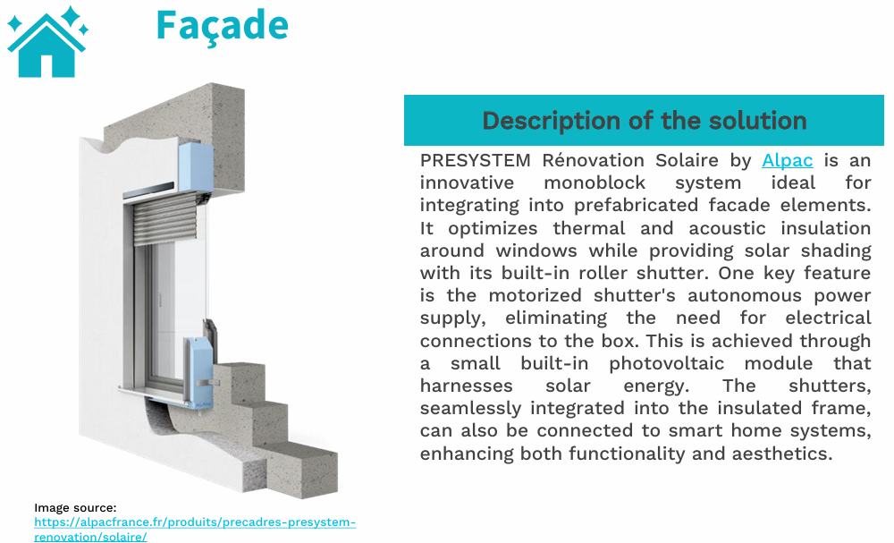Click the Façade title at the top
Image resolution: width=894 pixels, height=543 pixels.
click(222, 25)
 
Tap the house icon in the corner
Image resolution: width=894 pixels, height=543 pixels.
click(46, 50)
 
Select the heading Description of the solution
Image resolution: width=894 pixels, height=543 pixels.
click(644, 121)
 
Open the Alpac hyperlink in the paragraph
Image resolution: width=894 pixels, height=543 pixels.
click(787, 161)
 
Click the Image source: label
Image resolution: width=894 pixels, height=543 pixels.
click(75, 508)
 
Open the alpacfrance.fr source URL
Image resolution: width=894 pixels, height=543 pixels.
click(195, 522)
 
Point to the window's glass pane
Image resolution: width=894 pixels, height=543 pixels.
click(174, 304)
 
